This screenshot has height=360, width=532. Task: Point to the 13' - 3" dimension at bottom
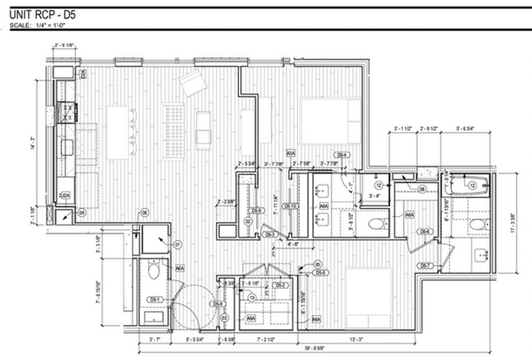click(353, 337)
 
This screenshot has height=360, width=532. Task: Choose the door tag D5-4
click(343, 155)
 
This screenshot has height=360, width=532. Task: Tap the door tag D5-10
click(289, 206)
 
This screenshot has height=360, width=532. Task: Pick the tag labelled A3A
click(291, 153)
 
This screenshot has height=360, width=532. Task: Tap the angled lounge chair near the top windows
click(194, 82)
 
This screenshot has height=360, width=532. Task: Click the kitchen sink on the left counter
click(65, 147)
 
